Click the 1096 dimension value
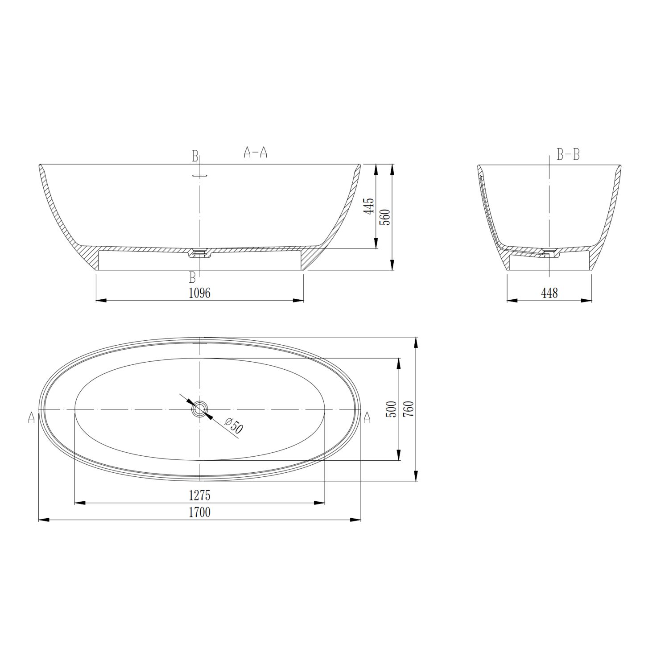199,293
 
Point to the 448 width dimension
549,293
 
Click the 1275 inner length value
199,495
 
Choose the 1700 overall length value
199,512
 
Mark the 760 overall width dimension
409,409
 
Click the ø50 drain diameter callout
234,425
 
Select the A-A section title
256,153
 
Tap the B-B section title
568,155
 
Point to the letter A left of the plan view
31,418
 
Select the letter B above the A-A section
195,156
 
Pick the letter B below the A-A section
192,278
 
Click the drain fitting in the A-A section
200,253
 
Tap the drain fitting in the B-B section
549,252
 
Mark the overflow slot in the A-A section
200,176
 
